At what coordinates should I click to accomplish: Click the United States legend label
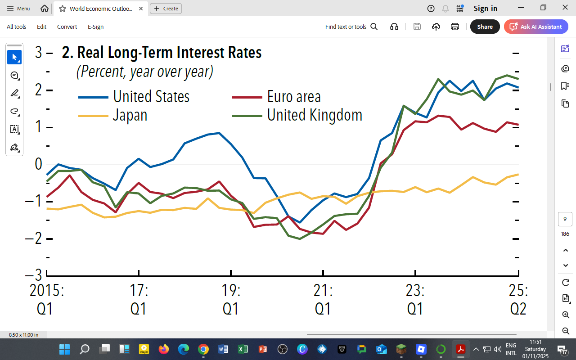(x=151, y=97)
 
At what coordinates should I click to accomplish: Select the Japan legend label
(x=130, y=115)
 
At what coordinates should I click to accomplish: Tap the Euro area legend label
(x=294, y=97)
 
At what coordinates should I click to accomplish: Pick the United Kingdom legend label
(x=315, y=115)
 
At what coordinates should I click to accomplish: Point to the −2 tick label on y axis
(x=34, y=238)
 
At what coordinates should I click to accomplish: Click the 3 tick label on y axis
(x=38, y=53)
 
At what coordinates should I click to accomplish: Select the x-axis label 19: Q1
(x=231, y=299)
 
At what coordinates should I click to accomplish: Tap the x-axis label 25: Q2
(x=518, y=299)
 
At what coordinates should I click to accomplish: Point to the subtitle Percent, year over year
(x=144, y=72)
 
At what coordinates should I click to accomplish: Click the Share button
(x=485, y=27)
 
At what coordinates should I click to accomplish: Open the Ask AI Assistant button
(x=536, y=27)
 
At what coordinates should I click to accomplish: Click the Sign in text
(x=485, y=8)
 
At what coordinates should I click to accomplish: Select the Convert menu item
(x=67, y=27)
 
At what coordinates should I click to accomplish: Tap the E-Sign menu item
(x=95, y=27)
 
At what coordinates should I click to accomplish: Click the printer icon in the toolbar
(x=455, y=27)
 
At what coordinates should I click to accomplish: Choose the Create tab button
(x=166, y=8)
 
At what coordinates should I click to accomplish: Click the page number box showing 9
(x=565, y=219)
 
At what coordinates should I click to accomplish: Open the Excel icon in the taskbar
(x=243, y=349)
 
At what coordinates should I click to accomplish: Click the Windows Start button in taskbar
(x=64, y=349)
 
